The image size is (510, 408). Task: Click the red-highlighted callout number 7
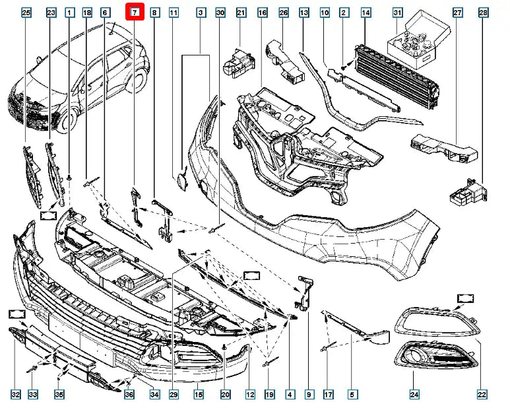tap(135, 12)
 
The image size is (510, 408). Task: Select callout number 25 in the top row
tap(26, 13)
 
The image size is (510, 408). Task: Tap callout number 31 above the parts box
tap(416, 13)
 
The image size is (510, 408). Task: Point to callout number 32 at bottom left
tap(16, 395)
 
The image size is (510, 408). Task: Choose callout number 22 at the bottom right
tap(482, 395)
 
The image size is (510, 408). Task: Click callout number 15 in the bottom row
tap(197, 395)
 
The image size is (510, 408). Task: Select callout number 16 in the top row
tap(262, 13)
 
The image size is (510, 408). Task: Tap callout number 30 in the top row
tap(220, 13)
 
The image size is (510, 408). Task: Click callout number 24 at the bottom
tap(414, 395)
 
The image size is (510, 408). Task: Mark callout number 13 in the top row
tap(304, 13)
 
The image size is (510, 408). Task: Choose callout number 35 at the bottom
tap(59, 395)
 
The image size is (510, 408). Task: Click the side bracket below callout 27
tap(442, 147)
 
